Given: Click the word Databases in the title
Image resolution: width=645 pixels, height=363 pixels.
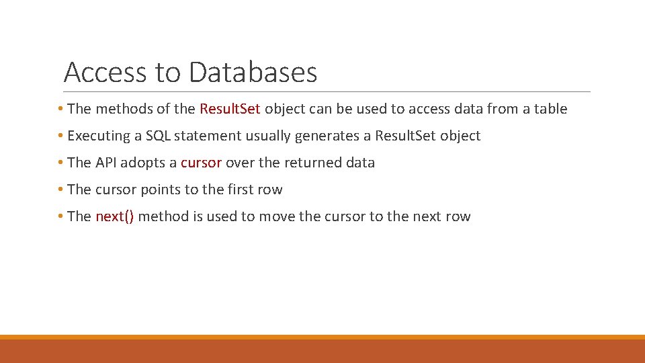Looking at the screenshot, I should (x=253, y=72).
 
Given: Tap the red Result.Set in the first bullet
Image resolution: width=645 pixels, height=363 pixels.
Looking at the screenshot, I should (x=230, y=109).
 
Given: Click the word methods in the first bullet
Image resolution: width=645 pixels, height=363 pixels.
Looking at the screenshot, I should (x=120, y=109).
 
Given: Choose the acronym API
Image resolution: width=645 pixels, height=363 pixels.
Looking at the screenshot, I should (x=106, y=163).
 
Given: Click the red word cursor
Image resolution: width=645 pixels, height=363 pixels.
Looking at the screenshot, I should (x=201, y=163).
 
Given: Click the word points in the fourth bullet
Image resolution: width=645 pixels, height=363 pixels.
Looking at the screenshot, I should (x=161, y=190).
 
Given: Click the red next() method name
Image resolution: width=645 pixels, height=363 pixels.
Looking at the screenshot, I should (x=114, y=216).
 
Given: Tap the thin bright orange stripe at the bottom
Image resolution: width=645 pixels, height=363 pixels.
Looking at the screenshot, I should (x=322, y=337).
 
